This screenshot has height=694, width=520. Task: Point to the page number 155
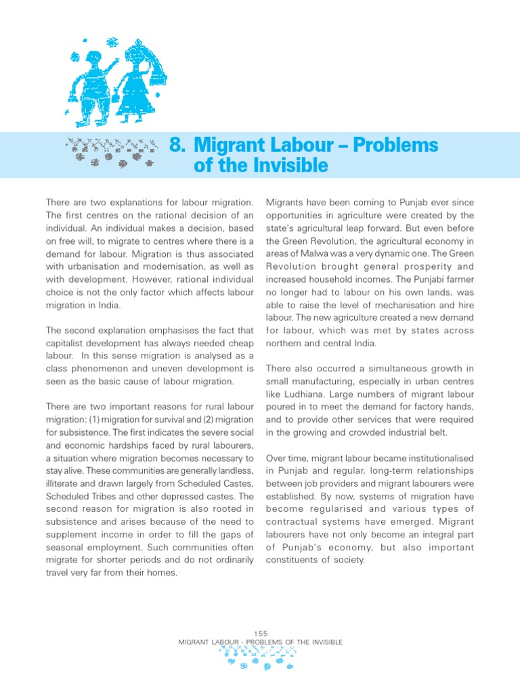click(260, 633)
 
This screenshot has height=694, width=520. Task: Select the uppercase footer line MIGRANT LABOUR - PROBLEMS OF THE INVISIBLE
click(260, 642)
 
